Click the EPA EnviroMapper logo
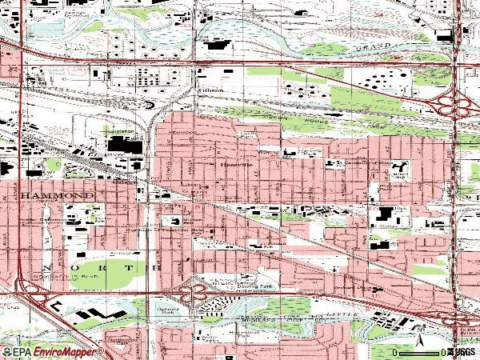53,351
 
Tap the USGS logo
463,351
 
